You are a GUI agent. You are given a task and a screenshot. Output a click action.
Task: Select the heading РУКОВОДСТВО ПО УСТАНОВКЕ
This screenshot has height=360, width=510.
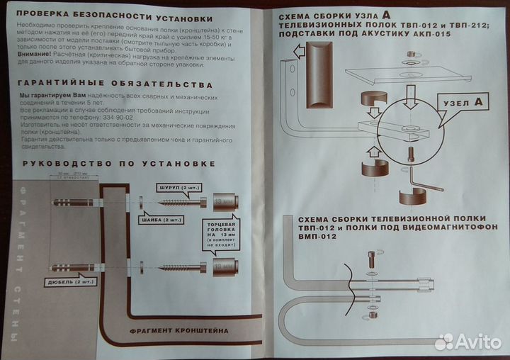click(118, 164)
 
